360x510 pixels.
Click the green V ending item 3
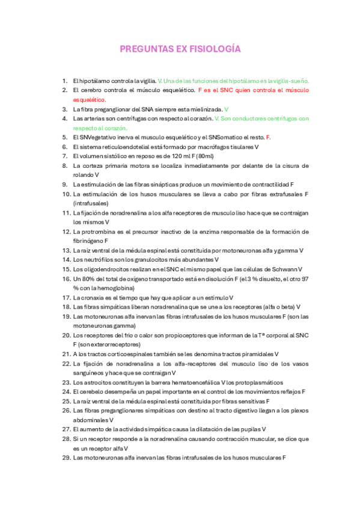(x=226, y=109)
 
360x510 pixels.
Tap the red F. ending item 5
(x=268, y=137)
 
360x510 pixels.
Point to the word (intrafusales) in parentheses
(x=91, y=203)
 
